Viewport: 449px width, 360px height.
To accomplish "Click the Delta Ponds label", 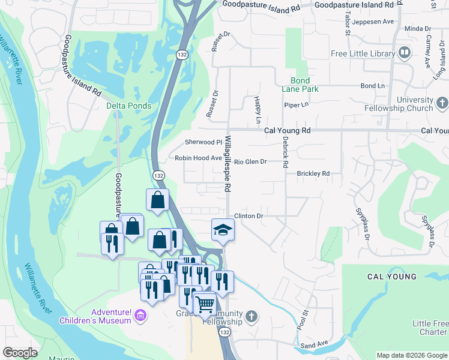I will click(129, 106).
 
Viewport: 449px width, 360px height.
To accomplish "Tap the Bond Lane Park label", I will click(300, 85).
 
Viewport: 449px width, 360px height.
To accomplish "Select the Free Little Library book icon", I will click(405, 53).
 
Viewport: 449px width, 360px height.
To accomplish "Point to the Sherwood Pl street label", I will click(203, 142).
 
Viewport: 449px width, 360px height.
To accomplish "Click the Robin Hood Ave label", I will click(199, 158).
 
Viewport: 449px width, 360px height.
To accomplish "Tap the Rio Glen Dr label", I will click(250, 161).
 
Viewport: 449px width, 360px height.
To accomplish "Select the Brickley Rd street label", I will click(313, 173).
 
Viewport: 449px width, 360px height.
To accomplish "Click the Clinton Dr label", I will click(249, 215).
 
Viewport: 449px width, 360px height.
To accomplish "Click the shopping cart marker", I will click(204, 304).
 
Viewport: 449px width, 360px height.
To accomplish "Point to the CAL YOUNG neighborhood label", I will click(392, 277).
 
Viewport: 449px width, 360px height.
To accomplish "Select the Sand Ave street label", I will click(314, 346).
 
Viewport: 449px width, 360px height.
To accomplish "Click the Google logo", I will click(20, 353).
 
